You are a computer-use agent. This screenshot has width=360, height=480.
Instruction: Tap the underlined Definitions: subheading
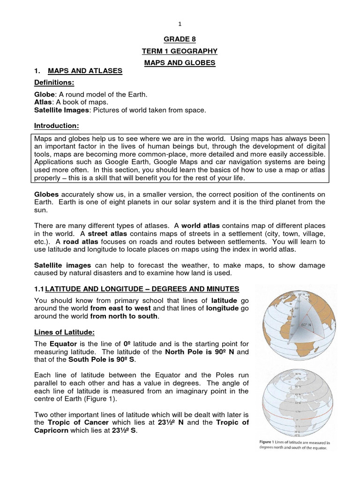click(x=54, y=82)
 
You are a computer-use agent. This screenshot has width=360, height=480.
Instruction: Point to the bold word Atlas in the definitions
click(x=43, y=102)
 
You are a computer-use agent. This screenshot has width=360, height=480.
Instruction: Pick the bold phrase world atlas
click(x=210, y=225)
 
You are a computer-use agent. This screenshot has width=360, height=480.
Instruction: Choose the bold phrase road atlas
click(x=59, y=241)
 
